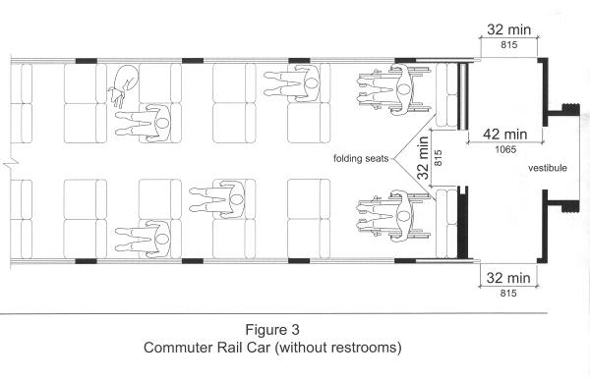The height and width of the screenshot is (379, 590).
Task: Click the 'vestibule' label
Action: pyautogui.click(x=548, y=168)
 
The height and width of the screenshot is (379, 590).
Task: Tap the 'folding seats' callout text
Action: pyautogui.click(x=361, y=158)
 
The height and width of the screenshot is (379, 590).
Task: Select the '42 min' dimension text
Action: pyautogui.click(x=505, y=135)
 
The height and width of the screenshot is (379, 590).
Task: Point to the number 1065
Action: pyautogui.click(x=505, y=149)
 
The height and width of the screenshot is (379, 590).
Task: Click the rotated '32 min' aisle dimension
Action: pyautogui.click(x=423, y=158)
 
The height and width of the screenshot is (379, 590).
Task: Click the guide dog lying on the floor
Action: pyautogui.click(x=124, y=84)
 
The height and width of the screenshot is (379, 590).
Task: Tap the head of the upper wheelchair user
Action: pyautogui.click(x=403, y=89)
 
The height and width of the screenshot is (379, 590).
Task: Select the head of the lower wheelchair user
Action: pyautogui.click(x=403, y=216)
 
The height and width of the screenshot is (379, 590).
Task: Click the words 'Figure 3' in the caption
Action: pyautogui.click(x=272, y=330)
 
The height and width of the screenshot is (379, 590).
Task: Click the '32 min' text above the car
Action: pyautogui.click(x=508, y=29)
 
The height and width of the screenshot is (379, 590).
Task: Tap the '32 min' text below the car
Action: pyautogui.click(x=508, y=278)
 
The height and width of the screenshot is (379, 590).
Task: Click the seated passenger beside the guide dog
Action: pyautogui.click(x=144, y=123)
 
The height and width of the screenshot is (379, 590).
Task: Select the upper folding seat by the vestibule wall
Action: pyautogui.click(x=446, y=94)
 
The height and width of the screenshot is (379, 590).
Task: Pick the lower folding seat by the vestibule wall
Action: pyautogui.click(x=446, y=224)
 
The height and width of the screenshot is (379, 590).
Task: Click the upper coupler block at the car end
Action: pyautogui.click(x=570, y=110)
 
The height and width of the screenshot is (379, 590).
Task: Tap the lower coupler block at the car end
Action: pyautogui.click(x=570, y=206)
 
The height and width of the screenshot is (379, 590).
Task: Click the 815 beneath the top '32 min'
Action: pyautogui.click(x=508, y=45)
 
